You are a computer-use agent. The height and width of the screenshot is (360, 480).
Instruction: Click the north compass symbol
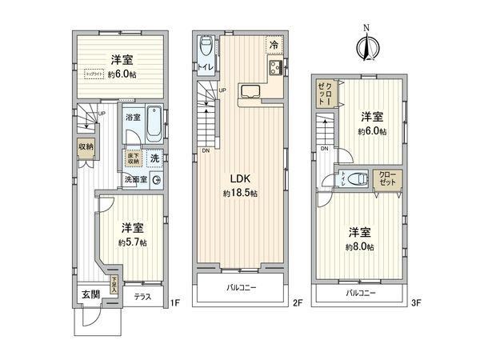click(x=367, y=44)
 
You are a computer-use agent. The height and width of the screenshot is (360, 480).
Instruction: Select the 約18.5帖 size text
click(x=240, y=194)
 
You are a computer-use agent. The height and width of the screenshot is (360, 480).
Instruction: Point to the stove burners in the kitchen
click(x=274, y=68)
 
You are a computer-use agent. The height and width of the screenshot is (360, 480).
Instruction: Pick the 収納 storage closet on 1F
click(x=85, y=147)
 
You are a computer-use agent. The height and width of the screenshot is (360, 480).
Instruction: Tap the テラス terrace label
click(x=143, y=297)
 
